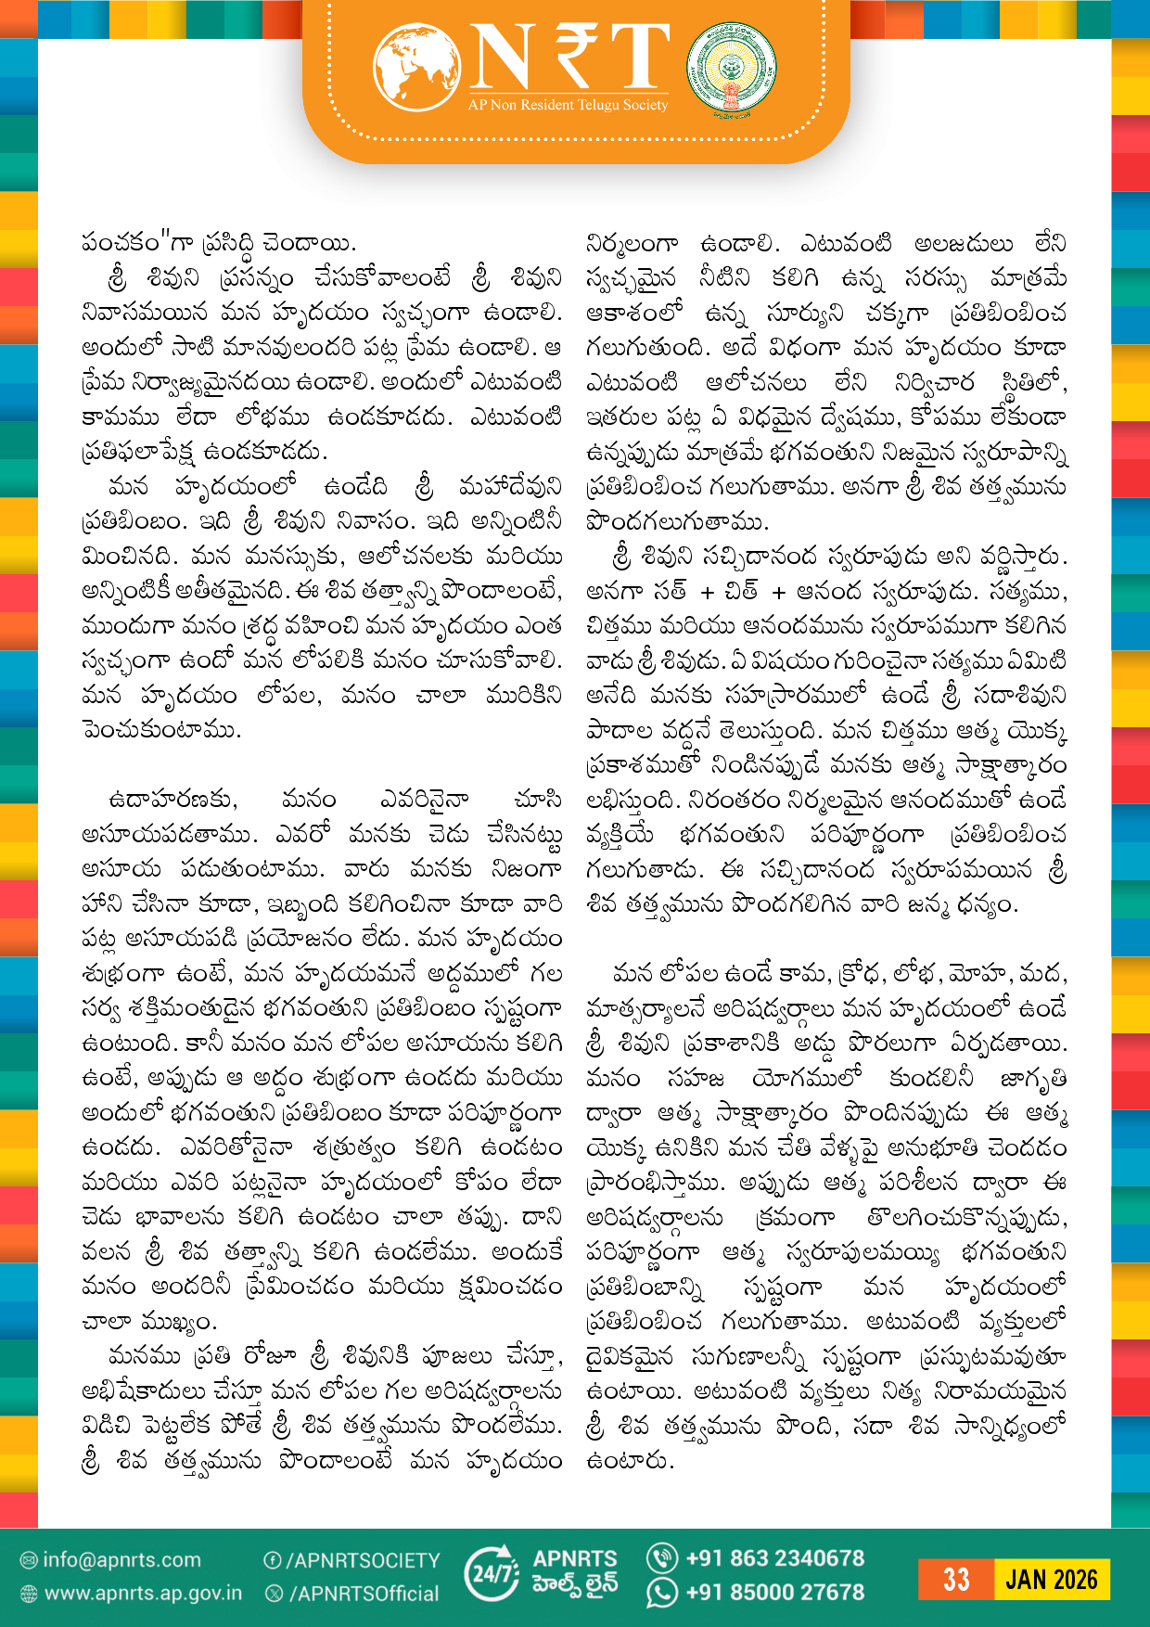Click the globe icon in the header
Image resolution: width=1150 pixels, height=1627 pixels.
tap(417, 67)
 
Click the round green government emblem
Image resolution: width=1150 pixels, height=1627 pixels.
tap(732, 69)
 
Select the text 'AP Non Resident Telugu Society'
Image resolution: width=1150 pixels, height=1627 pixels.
tap(568, 106)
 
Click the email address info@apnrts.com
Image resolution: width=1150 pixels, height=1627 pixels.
tap(121, 1560)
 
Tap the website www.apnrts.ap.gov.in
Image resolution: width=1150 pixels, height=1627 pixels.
tap(143, 1594)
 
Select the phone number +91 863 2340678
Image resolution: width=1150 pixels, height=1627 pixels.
tap(774, 1558)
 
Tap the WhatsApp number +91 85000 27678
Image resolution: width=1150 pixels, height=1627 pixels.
tap(774, 1593)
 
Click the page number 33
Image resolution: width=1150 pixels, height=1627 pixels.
tap(956, 1580)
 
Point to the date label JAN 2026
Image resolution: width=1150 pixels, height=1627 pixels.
tap(1052, 1580)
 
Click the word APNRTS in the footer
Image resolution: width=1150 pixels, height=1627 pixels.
tap(575, 1559)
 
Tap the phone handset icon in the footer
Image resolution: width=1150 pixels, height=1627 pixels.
tap(662, 1558)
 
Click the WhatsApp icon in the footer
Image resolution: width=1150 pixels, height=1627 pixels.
tap(662, 1593)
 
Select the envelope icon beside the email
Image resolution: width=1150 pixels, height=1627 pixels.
tap(29, 1561)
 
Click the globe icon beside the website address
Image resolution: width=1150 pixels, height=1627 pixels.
tap(29, 1595)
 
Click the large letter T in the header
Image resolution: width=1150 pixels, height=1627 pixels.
tap(638, 58)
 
